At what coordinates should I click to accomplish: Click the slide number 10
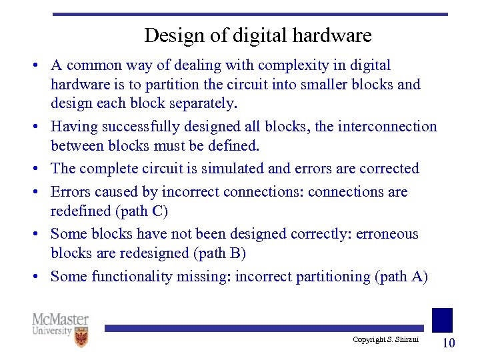(x=449, y=343)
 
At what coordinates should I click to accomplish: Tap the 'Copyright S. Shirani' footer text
(x=386, y=340)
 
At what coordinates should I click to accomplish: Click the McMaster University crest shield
(x=81, y=337)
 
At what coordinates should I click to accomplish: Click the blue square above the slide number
(x=442, y=319)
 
